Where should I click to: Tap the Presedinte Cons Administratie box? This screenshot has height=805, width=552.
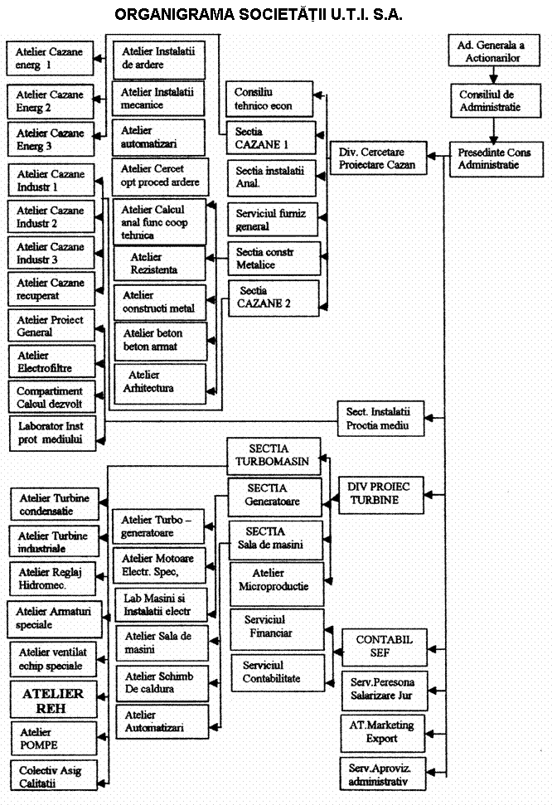(x=495, y=158)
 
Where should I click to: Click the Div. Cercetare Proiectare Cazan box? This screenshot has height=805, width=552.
(x=377, y=158)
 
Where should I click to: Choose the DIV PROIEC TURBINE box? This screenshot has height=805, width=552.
(x=380, y=493)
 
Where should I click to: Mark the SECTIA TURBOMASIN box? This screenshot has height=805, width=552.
(x=274, y=457)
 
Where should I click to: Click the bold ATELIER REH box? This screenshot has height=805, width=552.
(x=52, y=700)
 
